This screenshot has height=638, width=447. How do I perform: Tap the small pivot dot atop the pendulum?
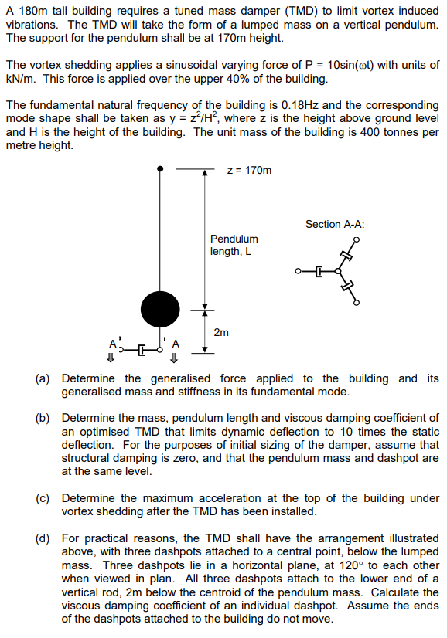point(160,168)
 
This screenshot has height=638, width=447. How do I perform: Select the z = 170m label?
point(250,170)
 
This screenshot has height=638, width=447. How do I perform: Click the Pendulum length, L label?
point(234,245)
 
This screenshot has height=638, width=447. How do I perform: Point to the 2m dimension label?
point(221,333)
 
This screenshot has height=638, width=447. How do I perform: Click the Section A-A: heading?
point(335,224)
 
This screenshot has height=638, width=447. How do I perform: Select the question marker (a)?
point(43,378)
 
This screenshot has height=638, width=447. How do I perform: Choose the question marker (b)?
point(43,418)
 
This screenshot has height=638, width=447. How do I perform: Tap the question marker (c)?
point(43,498)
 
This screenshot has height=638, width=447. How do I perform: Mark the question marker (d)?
point(43,538)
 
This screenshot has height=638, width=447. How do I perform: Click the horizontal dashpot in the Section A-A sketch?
point(319,271)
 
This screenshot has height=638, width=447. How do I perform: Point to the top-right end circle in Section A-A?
point(357,239)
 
